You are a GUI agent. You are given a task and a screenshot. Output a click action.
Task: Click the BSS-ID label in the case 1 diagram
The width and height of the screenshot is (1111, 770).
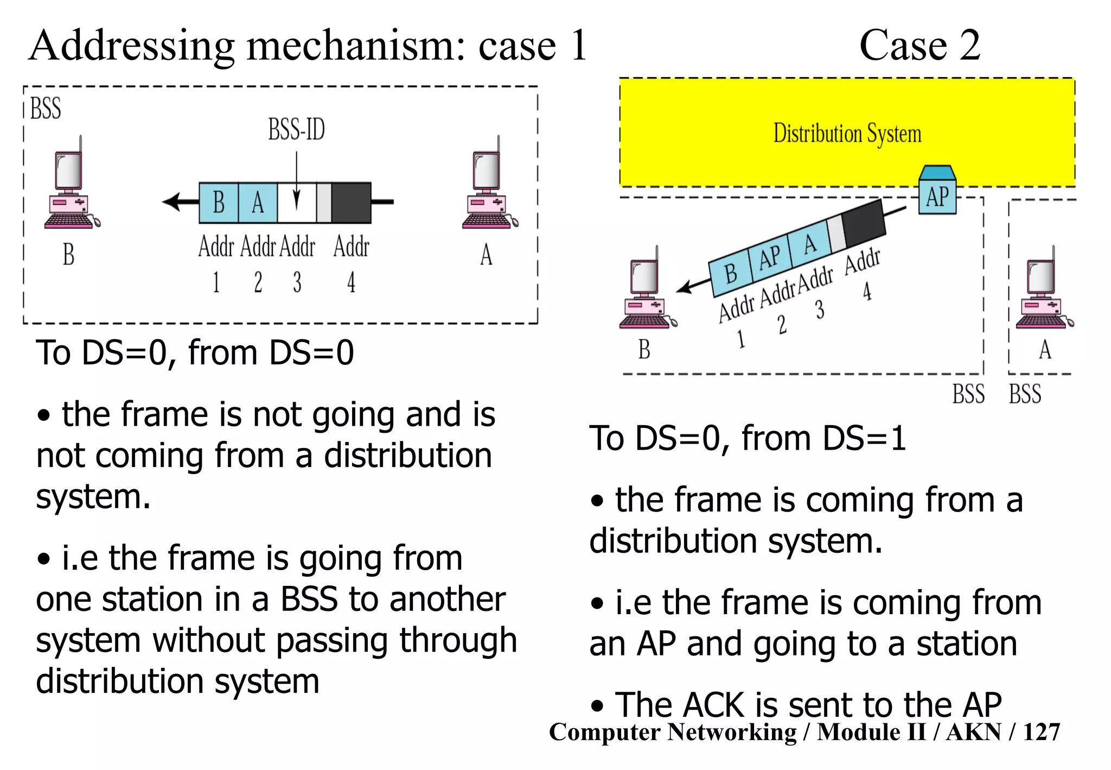[296, 130]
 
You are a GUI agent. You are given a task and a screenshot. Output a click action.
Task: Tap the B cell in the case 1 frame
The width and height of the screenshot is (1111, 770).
[219, 203]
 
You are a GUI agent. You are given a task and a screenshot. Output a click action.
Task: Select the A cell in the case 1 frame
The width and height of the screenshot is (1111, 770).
[258, 203]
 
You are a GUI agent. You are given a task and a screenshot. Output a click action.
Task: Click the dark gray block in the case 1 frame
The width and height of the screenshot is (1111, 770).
[351, 203]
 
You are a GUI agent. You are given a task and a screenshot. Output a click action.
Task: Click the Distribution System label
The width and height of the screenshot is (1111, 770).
[847, 134]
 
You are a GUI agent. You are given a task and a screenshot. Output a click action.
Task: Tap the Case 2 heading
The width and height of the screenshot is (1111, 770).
[920, 46]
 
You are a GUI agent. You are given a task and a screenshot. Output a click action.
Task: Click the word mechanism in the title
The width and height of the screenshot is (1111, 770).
[356, 46]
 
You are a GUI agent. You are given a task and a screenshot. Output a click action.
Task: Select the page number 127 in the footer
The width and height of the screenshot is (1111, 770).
[1041, 732]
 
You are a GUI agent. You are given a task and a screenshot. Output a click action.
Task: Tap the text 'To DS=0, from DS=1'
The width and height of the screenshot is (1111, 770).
[748, 438]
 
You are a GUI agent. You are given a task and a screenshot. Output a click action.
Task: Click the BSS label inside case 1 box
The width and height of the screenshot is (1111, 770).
[46, 108]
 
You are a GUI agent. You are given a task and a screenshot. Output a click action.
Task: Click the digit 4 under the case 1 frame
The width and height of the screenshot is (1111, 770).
[351, 282]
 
